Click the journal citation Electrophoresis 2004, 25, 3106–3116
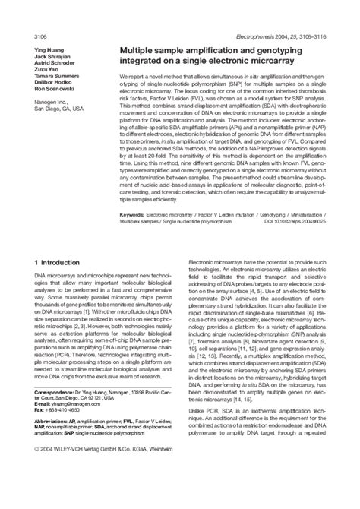[x=283, y=36]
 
